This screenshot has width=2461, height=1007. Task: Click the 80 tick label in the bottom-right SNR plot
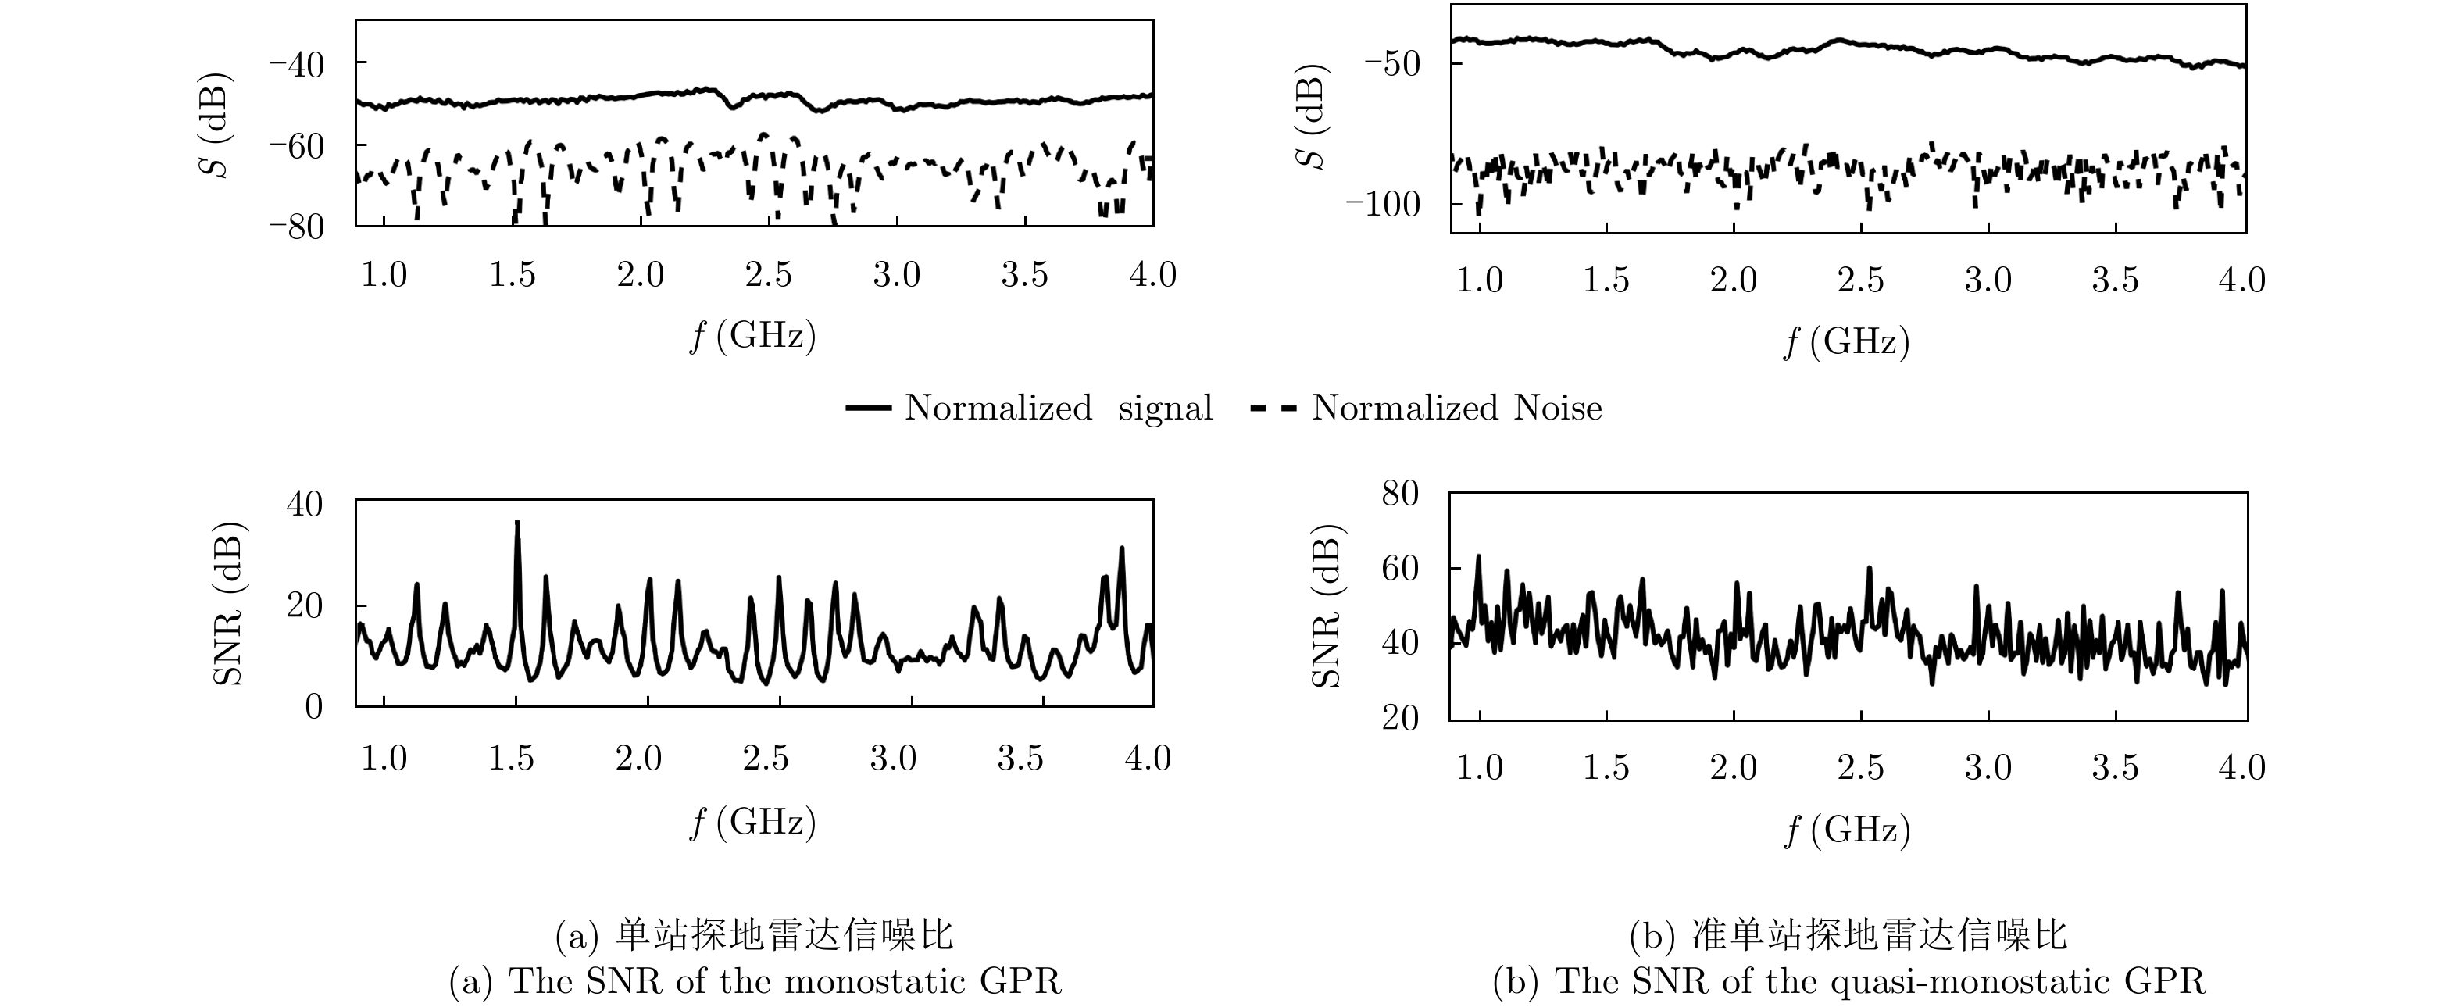1401,494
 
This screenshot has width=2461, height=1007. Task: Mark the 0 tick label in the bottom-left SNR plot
313,708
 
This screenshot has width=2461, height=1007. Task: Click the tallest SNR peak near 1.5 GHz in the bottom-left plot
517,523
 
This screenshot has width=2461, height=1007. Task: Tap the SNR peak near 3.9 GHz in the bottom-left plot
1122,548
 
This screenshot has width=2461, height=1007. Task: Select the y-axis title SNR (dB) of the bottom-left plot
228,604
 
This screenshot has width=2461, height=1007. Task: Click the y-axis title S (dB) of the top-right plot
1316,116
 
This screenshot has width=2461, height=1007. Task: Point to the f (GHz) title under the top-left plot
753,336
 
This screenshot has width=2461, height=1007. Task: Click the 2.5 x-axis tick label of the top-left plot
768,276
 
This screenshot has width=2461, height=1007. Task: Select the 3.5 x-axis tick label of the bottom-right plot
2115,767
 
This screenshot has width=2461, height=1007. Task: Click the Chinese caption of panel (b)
1847,935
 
